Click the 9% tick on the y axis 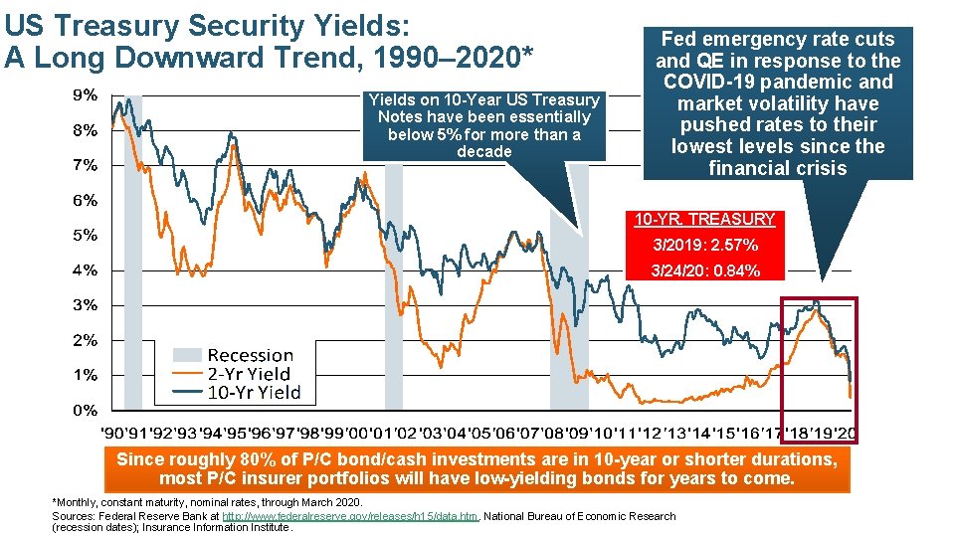(x=84, y=95)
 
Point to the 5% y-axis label (x=84, y=236)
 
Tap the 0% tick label (x=84, y=410)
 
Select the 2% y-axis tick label (x=84, y=340)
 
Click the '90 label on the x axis (x=114, y=434)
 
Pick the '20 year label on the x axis (x=845, y=434)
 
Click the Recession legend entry (x=250, y=355)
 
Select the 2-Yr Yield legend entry (x=249, y=374)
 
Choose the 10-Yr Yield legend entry (x=253, y=393)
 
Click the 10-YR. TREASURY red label (x=704, y=219)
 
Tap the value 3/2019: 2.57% (x=704, y=245)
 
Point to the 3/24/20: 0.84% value (x=704, y=270)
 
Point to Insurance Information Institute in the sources (x=233, y=527)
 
